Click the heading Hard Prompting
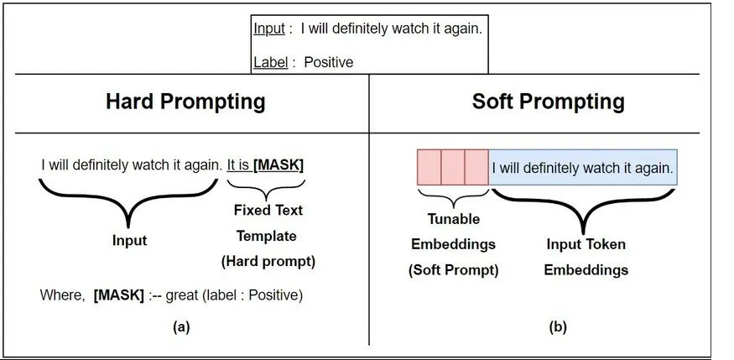[185, 102]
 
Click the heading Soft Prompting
[548, 102]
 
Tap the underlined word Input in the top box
[269, 29]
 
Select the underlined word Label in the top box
[271, 62]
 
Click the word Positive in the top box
[329, 62]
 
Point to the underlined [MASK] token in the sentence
[278, 165]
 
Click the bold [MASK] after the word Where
[119, 295]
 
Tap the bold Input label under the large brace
[129, 241]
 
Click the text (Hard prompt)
[268, 262]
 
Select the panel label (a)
[181, 327]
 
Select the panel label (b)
[558, 327]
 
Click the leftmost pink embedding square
[429, 167]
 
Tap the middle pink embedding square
[453, 167]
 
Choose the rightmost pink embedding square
[477, 167]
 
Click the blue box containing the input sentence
[583, 167]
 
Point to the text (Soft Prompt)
[454, 270]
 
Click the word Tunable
[454, 219]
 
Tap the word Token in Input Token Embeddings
[606, 244]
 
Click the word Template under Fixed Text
[267, 236]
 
